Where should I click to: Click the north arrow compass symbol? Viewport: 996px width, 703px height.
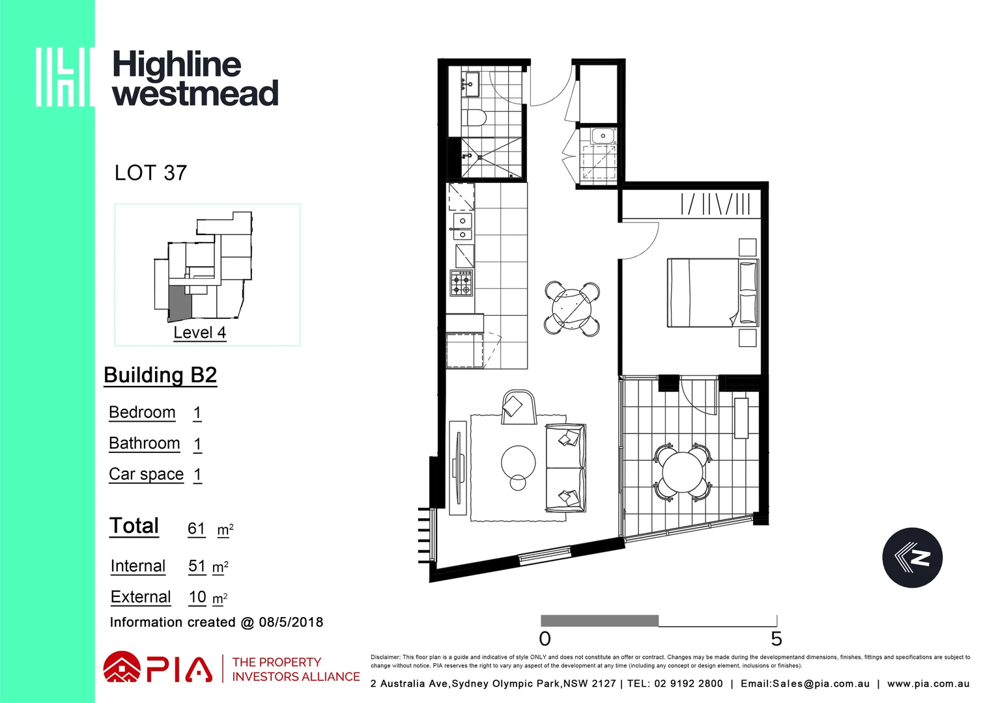[912, 558]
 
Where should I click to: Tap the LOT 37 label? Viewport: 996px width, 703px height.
[150, 173]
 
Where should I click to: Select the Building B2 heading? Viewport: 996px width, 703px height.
[160, 376]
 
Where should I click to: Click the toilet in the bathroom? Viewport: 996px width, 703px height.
[475, 118]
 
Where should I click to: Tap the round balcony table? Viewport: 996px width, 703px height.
[683, 472]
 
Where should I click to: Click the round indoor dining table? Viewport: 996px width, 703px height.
[573, 308]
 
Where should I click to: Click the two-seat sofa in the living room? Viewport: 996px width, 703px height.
[565, 467]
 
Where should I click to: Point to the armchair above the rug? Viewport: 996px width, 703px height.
[518, 406]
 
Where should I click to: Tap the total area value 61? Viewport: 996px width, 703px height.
[196, 529]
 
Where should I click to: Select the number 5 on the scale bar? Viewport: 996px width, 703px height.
[776, 639]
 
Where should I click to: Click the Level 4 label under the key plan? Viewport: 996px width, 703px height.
[199, 333]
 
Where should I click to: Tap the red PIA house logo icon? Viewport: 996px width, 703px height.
[122, 668]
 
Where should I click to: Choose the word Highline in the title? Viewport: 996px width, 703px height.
[177, 64]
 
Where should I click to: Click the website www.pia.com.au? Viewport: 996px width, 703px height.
[928, 684]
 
